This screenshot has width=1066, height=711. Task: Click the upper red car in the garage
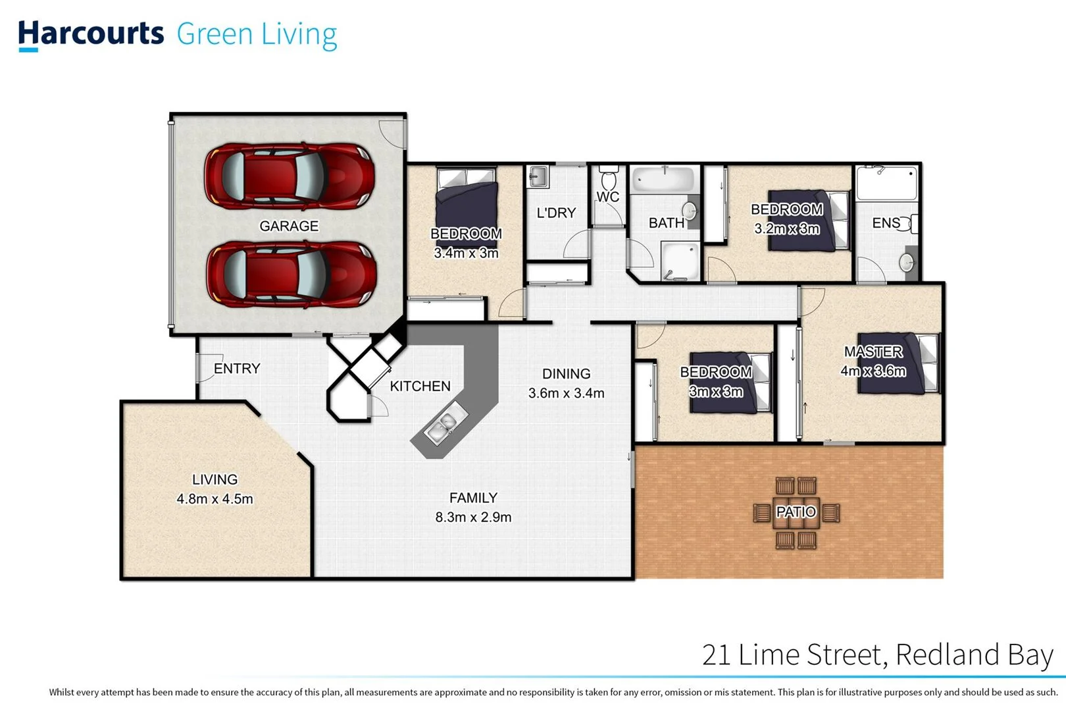click(290, 176)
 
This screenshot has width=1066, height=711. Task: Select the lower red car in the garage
click(292, 274)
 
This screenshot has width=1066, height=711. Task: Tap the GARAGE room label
click(289, 226)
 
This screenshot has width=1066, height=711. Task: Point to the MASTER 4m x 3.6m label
click(873, 361)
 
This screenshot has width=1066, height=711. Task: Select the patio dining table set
click(796, 512)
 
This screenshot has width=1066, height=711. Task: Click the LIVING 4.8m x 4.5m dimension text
click(215, 499)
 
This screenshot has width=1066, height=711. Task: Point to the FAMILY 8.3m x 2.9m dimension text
click(473, 517)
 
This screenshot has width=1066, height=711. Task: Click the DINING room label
click(566, 374)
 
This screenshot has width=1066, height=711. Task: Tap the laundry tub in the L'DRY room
click(538, 176)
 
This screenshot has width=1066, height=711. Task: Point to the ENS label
click(886, 223)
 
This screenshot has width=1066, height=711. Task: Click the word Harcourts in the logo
click(91, 34)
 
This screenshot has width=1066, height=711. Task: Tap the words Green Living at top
click(257, 34)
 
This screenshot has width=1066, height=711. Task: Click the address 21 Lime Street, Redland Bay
click(877, 655)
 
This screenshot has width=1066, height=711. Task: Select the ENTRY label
click(237, 369)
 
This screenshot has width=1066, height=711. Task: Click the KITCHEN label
click(420, 386)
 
